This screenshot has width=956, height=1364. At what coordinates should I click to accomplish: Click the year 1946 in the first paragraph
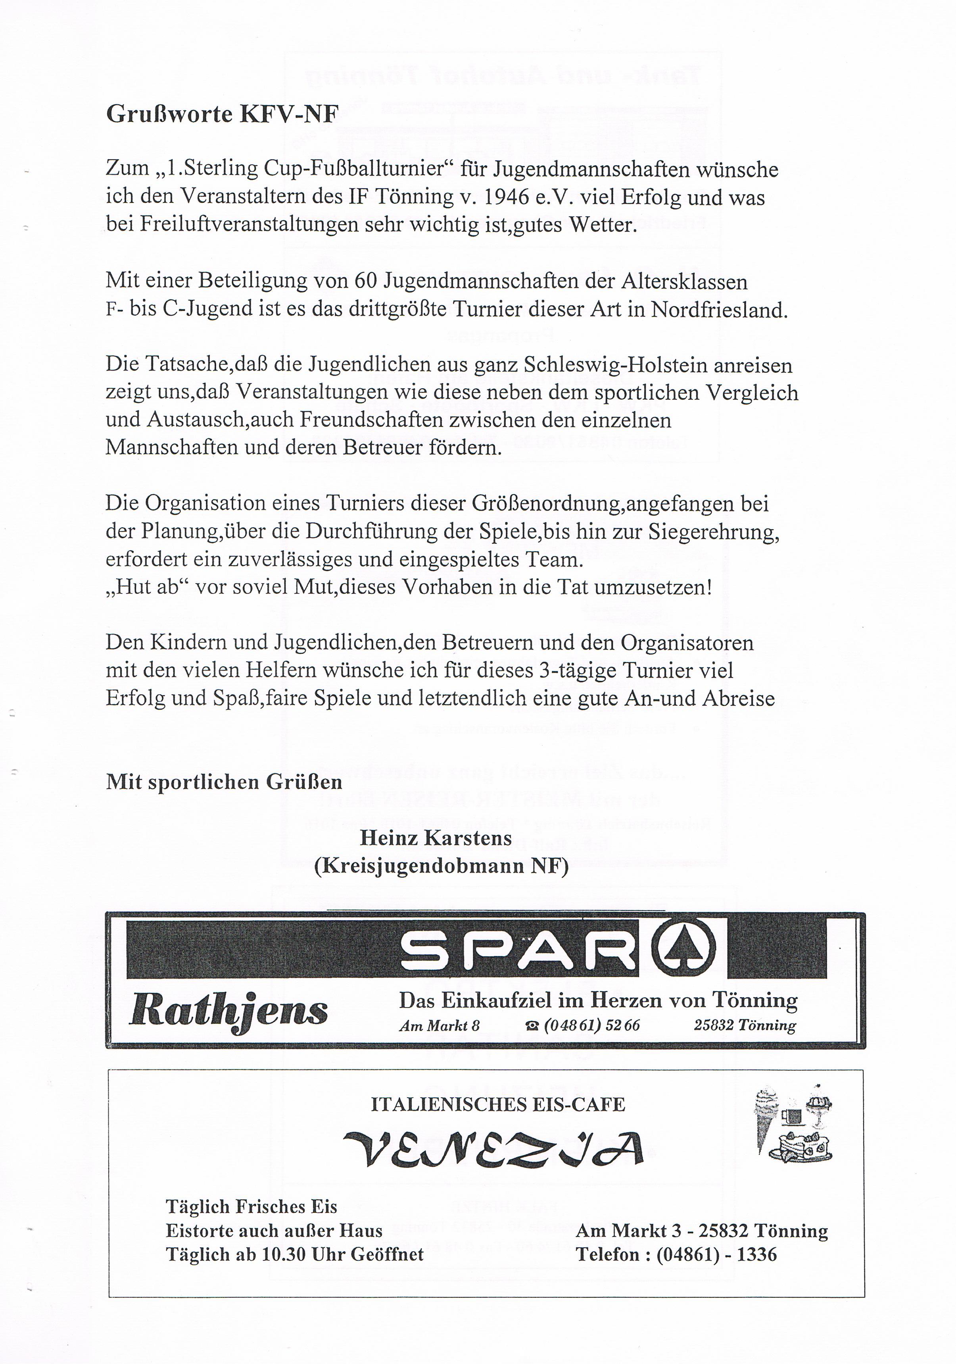click(x=506, y=197)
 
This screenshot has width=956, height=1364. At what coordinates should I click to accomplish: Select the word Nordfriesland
click(x=719, y=310)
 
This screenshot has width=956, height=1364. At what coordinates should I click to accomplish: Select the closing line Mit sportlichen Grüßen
click(x=224, y=782)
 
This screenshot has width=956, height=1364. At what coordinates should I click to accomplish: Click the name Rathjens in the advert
click(x=228, y=1010)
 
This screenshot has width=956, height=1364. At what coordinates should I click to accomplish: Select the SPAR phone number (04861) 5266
click(x=591, y=1025)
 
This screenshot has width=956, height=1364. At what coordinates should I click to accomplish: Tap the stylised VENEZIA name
click(x=493, y=1148)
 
